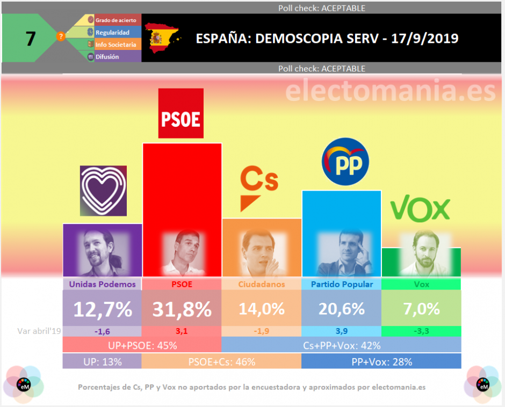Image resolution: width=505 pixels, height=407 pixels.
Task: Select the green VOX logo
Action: [420, 209]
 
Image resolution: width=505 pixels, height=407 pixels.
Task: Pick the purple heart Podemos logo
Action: [103, 191]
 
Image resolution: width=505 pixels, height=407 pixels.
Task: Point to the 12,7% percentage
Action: [103, 309]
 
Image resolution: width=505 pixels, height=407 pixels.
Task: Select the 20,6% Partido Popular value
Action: [342, 309]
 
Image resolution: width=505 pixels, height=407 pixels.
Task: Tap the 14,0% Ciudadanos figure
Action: [261, 309]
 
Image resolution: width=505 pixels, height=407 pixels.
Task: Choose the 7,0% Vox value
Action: [421, 309]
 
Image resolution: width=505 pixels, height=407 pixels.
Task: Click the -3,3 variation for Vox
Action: [421, 332]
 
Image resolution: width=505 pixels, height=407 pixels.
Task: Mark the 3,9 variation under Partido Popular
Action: [342, 332]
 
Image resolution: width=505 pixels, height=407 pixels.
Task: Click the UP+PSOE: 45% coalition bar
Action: [142, 345]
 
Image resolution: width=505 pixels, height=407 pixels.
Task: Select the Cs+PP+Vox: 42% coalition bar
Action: [341, 345]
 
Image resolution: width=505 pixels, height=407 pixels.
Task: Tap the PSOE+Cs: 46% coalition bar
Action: [221, 361]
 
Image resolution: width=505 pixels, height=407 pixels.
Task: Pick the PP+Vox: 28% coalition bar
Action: [381, 361]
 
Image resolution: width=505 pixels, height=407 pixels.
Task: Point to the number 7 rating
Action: [31, 39]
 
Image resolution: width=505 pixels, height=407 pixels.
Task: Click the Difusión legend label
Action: [107, 57]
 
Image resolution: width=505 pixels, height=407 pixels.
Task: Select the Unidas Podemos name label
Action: [103, 284]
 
